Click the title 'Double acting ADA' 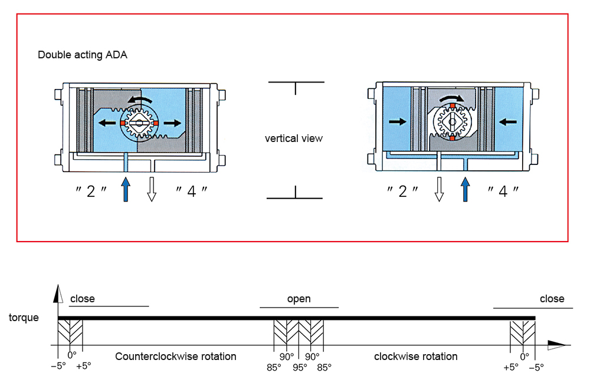[83, 55]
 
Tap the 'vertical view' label [294, 138]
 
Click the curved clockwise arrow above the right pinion [452, 98]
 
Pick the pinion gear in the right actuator [451, 123]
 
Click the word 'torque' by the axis [24, 318]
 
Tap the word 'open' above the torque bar [299, 299]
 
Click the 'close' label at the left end [83, 299]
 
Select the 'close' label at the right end [552, 299]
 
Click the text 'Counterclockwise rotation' [176, 356]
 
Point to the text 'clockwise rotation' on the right [416, 356]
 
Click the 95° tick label [299, 367]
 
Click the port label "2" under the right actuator [403, 191]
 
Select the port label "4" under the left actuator [192, 191]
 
